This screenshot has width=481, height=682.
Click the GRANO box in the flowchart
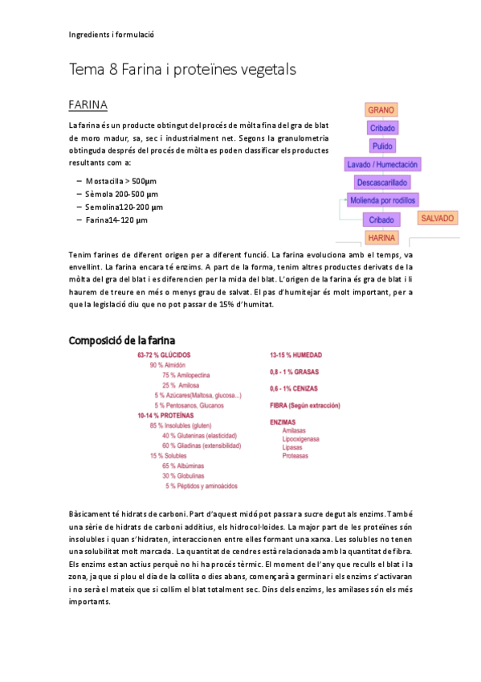tap(381, 110)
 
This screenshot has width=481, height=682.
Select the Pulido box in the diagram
tap(381, 146)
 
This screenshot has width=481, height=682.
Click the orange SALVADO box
tap(438, 218)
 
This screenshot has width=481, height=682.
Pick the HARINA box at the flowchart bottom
tap(381, 237)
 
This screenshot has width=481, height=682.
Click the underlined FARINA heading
tap(88, 105)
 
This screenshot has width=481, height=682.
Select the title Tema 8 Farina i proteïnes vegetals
tap(182, 70)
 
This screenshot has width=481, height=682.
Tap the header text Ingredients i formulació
tap(111, 35)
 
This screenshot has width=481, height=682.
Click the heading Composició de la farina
tap(122, 340)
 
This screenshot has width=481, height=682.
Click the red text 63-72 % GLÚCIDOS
tap(165, 355)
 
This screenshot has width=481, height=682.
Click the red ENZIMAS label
tap(284, 421)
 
